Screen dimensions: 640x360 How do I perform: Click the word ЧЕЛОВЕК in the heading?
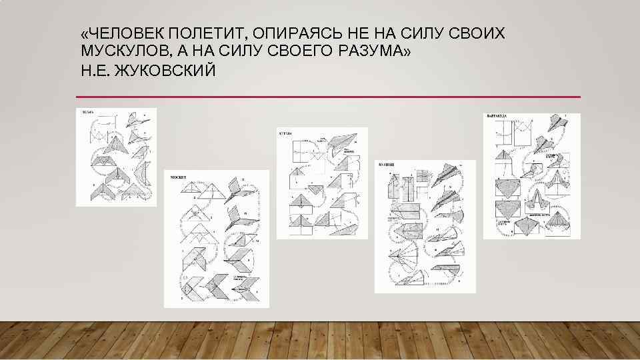(x=123, y=34)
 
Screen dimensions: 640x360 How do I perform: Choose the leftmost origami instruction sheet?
(x=116, y=157)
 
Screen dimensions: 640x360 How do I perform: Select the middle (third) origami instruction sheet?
(x=322, y=183)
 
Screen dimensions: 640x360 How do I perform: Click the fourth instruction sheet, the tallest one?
(x=425, y=227)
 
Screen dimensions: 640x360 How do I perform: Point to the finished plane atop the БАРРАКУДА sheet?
(x=555, y=123)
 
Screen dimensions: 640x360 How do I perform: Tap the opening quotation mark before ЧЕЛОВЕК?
(x=83, y=34)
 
